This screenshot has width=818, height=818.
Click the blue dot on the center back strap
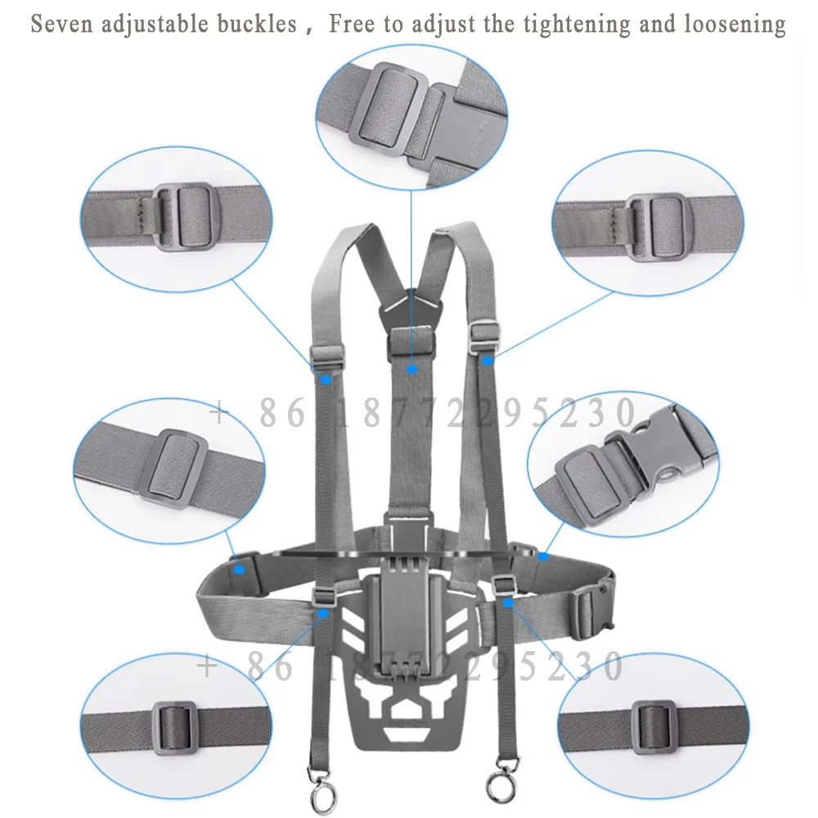tap(412, 370)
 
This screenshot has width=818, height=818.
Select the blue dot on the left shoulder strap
tap(325, 379)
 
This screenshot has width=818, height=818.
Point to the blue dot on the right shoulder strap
tap(487, 360)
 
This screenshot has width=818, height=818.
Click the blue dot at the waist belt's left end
tap(240, 567)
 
